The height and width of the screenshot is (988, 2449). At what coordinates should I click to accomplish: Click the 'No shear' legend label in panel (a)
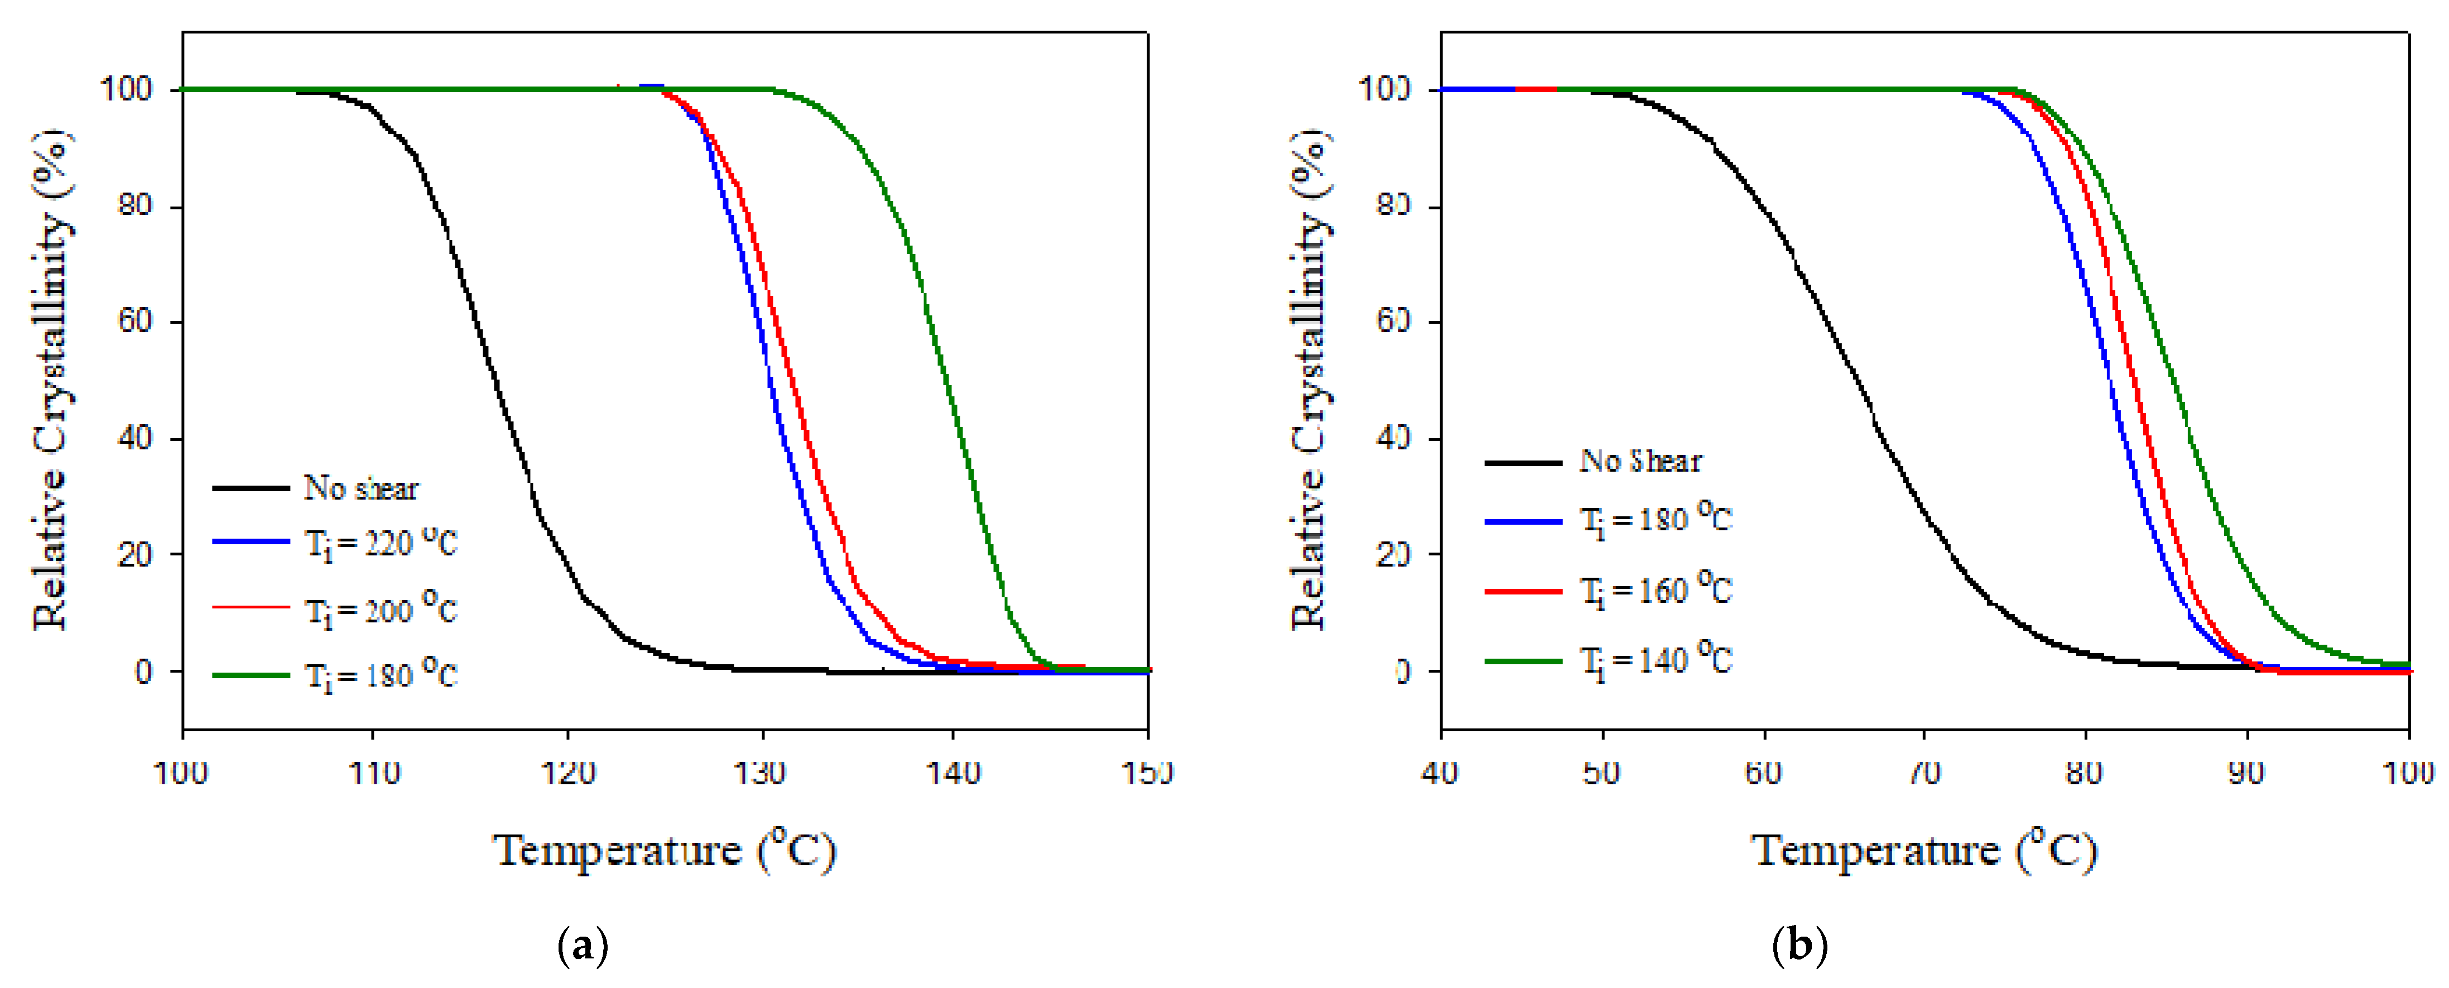[x=360, y=488]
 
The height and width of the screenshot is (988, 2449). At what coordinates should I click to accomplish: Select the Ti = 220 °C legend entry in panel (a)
[x=381, y=543]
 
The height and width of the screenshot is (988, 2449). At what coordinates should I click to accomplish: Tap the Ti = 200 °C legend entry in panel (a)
[x=381, y=608]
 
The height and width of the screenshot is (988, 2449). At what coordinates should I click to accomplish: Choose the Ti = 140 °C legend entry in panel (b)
[x=1655, y=660]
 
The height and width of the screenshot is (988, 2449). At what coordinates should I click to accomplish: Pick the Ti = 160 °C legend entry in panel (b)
[x=1655, y=591]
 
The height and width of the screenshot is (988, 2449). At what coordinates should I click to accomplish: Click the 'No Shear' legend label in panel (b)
[x=1641, y=461]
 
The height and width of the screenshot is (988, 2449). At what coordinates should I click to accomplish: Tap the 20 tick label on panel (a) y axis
[x=135, y=554]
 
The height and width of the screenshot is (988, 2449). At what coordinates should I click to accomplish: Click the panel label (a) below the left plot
[x=582, y=946]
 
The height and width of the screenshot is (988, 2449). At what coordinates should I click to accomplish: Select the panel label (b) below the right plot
[x=1800, y=946]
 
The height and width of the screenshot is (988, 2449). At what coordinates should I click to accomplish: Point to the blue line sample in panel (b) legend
[x=1523, y=521]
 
